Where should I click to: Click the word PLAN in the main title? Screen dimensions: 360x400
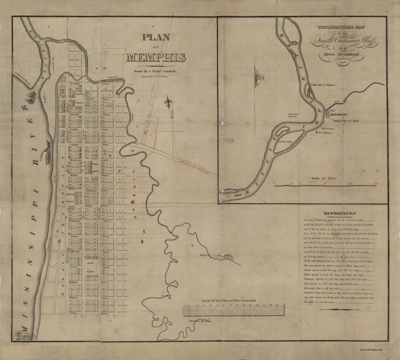pyautogui.click(x=155, y=37)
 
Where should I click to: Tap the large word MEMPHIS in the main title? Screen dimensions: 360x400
pyautogui.click(x=156, y=58)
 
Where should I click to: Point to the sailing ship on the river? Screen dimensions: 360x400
pyautogui.click(x=29, y=98)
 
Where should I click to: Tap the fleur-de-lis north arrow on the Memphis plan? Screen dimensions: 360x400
pyautogui.click(x=170, y=103)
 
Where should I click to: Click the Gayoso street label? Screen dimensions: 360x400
pyautogui.click(x=112, y=77)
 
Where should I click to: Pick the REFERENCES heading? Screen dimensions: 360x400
pyautogui.click(x=339, y=213)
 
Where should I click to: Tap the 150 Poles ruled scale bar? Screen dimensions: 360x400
pyautogui.click(x=234, y=310)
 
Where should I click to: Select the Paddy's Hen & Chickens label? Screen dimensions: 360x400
pyautogui.click(x=323, y=85)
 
